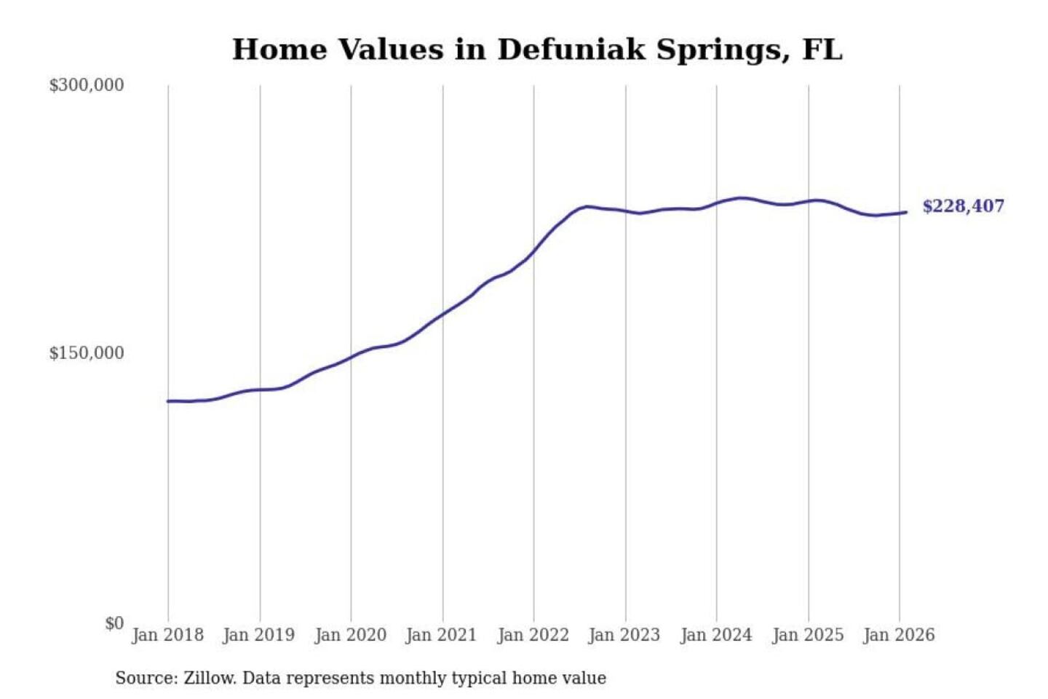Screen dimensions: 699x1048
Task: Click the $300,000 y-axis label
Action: pyautogui.click(x=87, y=85)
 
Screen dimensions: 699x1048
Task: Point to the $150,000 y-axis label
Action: pyautogui.click(x=87, y=353)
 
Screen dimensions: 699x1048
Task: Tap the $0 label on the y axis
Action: pyautogui.click(x=114, y=623)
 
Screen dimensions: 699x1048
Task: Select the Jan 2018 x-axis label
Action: pyautogui.click(x=167, y=635)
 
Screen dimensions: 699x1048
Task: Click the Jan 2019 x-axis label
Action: pyautogui.click(x=259, y=635)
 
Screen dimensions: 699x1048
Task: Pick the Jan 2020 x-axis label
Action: pyautogui.click(x=350, y=635)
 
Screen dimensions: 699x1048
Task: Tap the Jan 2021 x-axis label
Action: pyautogui.click(x=441, y=635)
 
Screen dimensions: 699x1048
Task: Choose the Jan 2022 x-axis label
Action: pyautogui.click(x=533, y=635)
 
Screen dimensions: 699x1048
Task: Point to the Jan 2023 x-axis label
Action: pyautogui.click(x=624, y=635)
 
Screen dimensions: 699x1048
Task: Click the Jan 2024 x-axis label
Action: pyautogui.click(x=715, y=635)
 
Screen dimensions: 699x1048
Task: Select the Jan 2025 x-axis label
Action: pyautogui.click(x=808, y=635)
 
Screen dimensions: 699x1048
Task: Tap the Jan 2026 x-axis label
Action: pyautogui.click(x=899, y=635)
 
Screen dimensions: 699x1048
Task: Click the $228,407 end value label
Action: pyautogui.click(x=963, y=206)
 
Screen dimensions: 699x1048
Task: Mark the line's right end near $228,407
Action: pyautogui.click(x=906, y=212)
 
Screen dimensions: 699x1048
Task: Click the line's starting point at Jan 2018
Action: pyautogui.click(x=168, y=401)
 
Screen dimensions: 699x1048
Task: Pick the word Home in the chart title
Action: pyautogui.click(x=279, y=50)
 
